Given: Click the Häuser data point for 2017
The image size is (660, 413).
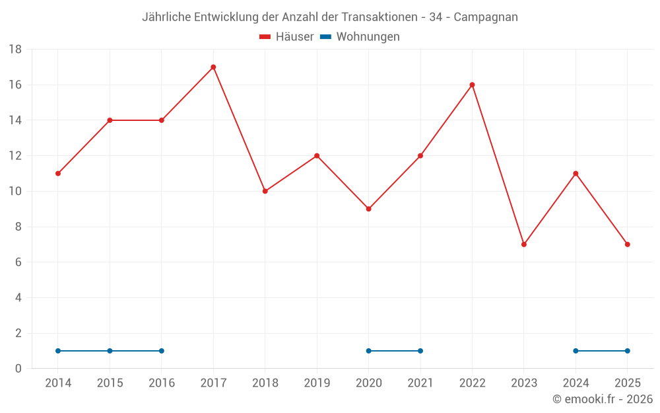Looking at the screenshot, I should (213, 67).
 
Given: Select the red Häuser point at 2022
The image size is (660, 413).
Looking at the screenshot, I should (473, 85).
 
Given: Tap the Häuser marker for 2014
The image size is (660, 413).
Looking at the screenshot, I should (58, 173).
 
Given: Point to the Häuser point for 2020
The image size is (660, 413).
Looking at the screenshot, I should (369, 209).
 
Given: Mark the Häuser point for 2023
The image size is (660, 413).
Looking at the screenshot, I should (524, 244).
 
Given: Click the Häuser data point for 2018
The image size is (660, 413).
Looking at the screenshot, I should (265, 191).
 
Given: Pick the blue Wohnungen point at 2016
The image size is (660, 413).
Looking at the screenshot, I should (162, 351).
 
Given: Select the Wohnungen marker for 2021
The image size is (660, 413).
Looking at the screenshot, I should (420, 351).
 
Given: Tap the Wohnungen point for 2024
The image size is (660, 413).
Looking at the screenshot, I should (576, 351).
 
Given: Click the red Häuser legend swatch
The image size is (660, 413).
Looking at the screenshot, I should (265, 37).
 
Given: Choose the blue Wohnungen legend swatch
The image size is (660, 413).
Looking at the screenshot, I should (325, 37).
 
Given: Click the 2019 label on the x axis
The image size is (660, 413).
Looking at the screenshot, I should (317, 383).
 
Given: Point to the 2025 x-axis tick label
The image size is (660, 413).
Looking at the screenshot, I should (627, 383).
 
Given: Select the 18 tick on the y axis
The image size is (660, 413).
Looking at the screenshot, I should (15, 50).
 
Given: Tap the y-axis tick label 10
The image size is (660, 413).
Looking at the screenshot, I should (15, 192).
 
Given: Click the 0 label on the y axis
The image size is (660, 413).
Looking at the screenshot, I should (18, 369).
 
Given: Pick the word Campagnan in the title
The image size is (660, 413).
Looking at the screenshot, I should (486, 17).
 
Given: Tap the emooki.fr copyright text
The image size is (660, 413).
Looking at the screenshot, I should (603, 399).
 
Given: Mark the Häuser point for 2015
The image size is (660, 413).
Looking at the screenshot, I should (110, 120).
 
